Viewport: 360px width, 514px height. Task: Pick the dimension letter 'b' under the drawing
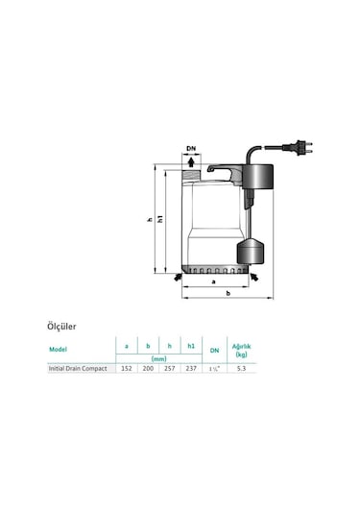click(x=228, y=293)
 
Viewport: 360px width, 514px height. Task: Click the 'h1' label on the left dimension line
click(x=161, y=221)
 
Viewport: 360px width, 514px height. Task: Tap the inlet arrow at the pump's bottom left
click(x=176, y=277)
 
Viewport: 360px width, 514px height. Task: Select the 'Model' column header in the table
click(x=59, y=350)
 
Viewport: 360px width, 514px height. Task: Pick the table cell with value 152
click(x=126, y=368)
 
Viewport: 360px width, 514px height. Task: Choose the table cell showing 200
click(x=148, y=368)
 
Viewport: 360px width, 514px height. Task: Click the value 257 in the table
click(x=170, y=368)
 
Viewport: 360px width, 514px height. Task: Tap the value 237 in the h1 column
click(x=192, y=368)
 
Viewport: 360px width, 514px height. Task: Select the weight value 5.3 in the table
click(x=241, y=368)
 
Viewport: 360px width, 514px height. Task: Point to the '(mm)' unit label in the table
click(x=158, y=357)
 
